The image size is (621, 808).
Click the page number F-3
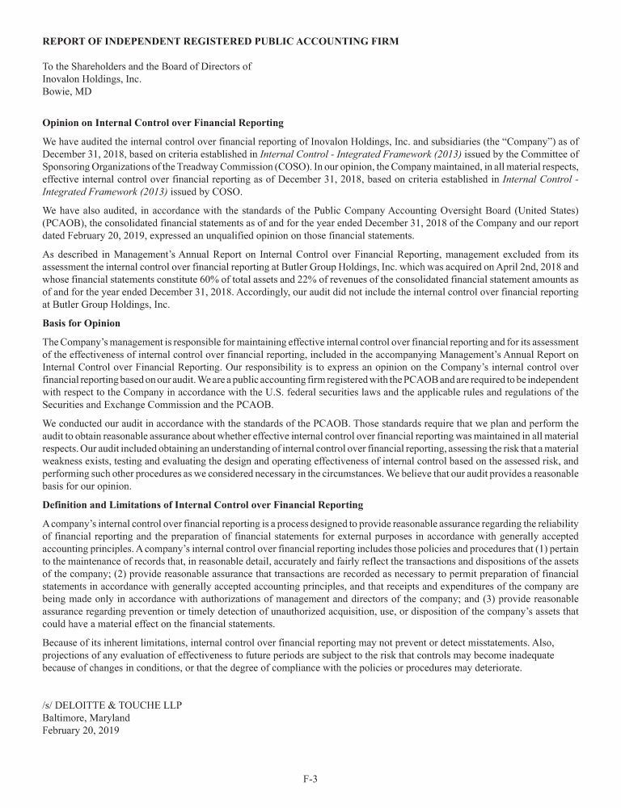[310, 779]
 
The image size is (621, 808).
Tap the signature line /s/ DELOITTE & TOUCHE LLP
[112, 705]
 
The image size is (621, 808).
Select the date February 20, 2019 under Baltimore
[80, 730]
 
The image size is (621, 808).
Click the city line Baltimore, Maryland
[86, 718]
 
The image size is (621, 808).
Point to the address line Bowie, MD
[66, 92]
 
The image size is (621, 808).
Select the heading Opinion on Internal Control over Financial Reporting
[163, 123]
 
